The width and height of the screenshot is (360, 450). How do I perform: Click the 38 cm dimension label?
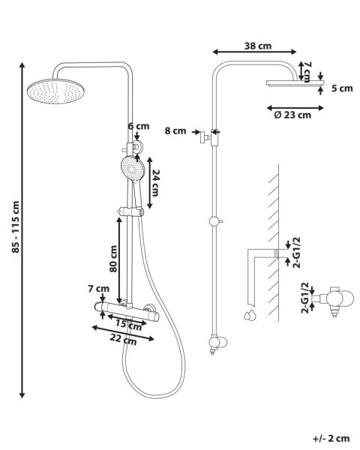click(258, 46)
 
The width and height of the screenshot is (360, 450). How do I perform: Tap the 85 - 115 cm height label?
click(16, 226)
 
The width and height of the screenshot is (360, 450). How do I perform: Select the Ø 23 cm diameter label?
click(292, 115)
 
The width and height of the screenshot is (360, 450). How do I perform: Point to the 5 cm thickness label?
click(342, 88)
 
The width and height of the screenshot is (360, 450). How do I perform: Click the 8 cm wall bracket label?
click(175, 130)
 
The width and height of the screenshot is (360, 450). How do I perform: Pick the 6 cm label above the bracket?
click(139, 126)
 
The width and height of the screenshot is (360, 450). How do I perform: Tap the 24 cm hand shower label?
click(155, 183)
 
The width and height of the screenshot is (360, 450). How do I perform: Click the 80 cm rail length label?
click(113, 259)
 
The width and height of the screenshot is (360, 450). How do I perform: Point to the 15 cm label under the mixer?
click(128, 325)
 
